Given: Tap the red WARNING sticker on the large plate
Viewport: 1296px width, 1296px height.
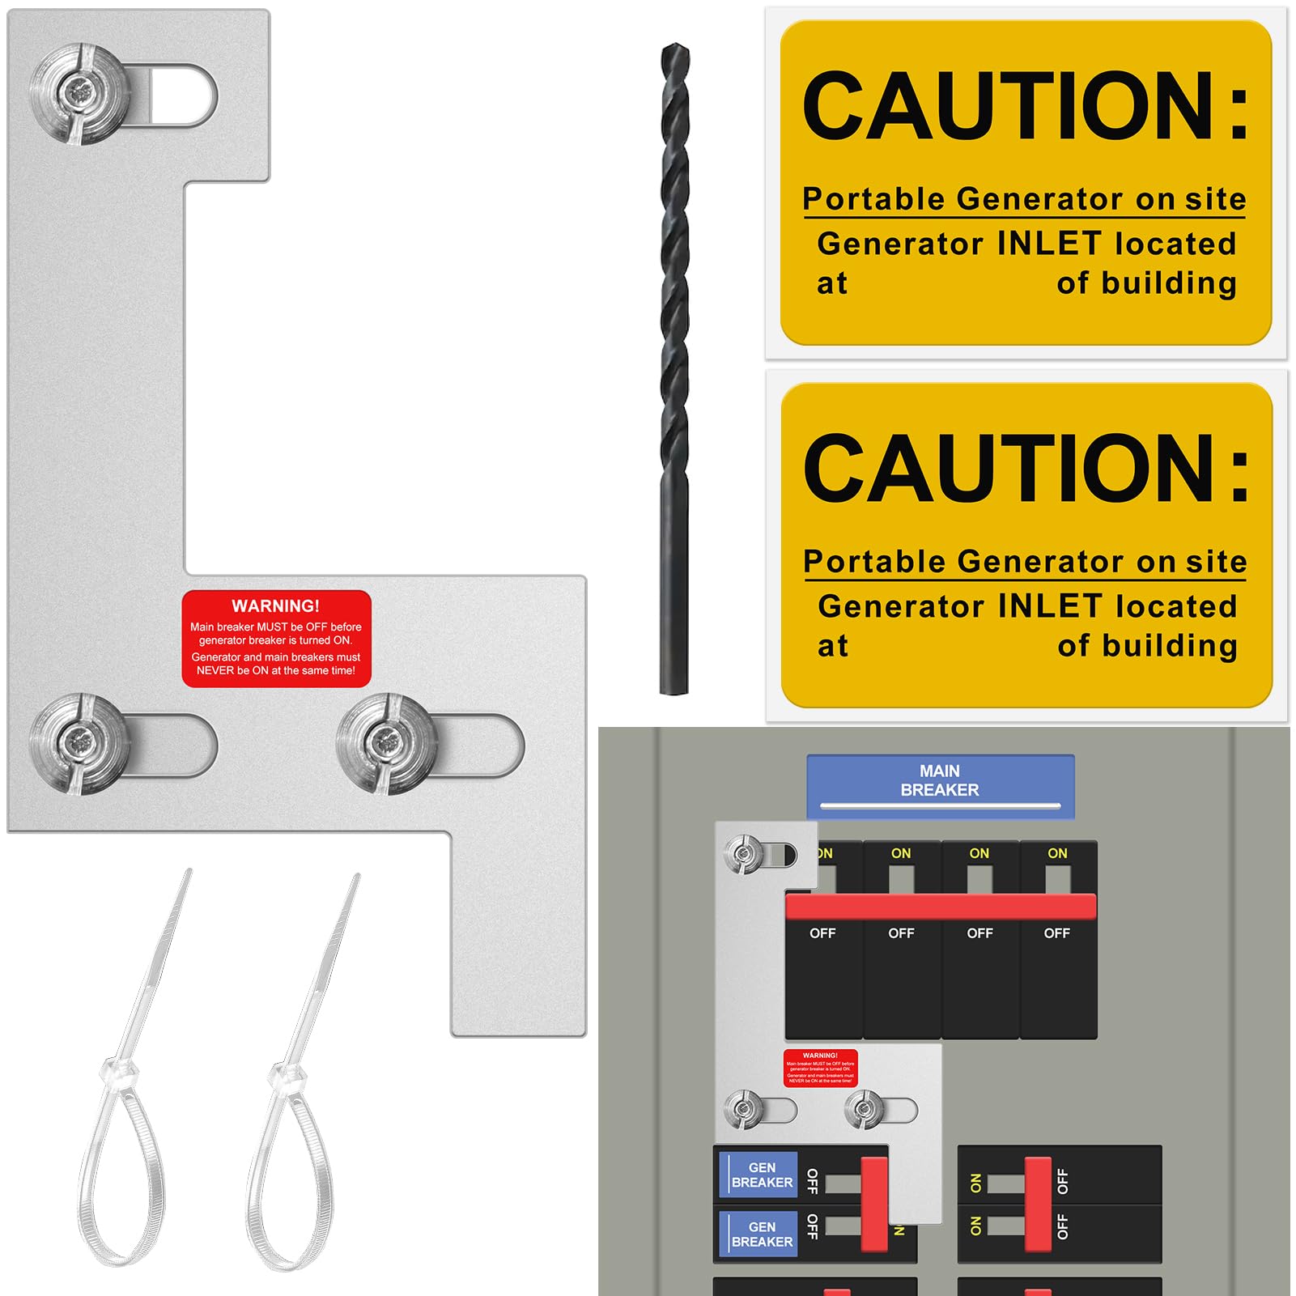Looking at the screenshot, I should [276, 638].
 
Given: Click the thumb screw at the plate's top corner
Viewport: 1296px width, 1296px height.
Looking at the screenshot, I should [79, 94].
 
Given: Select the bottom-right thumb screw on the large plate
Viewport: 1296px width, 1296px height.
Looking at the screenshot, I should [386, 742].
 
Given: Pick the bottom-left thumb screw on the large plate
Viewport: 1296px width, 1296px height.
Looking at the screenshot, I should [79, 742].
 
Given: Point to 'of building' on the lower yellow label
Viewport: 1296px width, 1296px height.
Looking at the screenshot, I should [1147, 646].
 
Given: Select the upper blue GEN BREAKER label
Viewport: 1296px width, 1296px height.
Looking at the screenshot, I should [759, 1175].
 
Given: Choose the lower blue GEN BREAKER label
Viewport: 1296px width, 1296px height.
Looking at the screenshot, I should [759, 1234].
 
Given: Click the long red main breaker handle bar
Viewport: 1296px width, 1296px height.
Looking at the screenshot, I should [941, 907].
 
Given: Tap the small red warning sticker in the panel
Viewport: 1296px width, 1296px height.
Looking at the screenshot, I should [820, 1068].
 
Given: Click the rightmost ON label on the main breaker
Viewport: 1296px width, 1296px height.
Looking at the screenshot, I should [1057, 853].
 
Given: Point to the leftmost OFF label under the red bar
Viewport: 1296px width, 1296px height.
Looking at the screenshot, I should [822, 933].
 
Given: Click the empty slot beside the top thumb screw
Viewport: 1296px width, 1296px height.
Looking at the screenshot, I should [185, 95].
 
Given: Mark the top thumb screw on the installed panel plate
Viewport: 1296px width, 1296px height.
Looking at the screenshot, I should [743, 853].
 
